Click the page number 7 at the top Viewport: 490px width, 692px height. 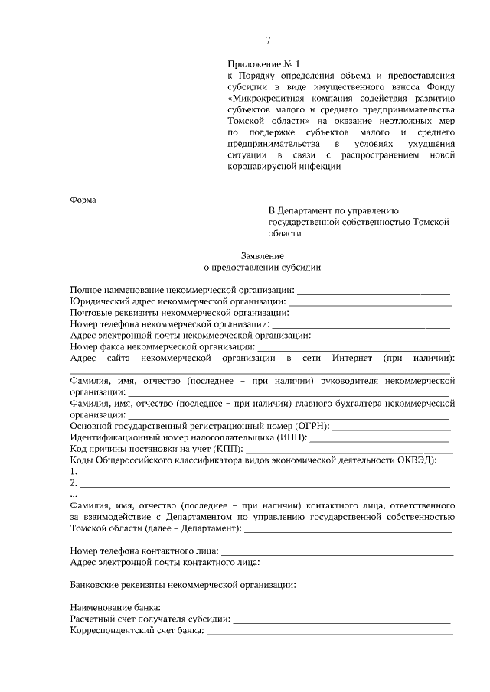click(x=268, y=41)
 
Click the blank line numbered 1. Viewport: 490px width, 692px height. click(x=264, y=474)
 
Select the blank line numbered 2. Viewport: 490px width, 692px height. click(x=264, y=486)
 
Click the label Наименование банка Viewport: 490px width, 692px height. click(x=109, y=608)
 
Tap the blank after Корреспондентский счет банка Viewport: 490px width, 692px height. click(x=329, y=632)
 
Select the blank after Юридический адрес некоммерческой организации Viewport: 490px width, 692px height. click(x=364, y=303)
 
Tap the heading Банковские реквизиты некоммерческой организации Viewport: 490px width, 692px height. click(x=182, y=585)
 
